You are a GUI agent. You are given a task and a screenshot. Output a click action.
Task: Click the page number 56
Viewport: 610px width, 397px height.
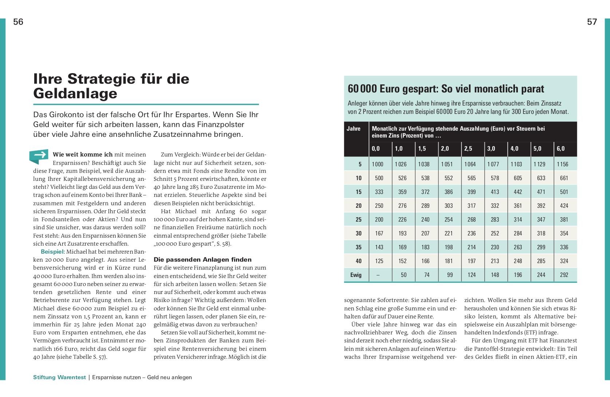tap(18, 22)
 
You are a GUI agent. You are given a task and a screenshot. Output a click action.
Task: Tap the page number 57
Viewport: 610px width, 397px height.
tap(592, 22)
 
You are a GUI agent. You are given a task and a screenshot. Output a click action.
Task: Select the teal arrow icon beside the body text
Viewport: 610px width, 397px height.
tap(39, 156)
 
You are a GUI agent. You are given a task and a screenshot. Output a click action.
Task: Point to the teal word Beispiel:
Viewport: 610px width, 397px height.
tap(53, 251)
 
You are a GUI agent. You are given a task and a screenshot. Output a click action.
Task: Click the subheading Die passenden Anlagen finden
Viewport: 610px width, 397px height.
tap(202, 259)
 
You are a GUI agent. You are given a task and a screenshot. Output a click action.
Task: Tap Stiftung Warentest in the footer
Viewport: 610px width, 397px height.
tap(60, 377)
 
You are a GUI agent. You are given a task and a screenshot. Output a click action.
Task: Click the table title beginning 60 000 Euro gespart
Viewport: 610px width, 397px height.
tap(446, 89)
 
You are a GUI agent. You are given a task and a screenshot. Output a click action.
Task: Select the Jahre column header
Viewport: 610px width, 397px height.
tap(354, 128)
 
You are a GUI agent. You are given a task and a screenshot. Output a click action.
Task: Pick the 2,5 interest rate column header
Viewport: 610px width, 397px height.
tap(468, 148)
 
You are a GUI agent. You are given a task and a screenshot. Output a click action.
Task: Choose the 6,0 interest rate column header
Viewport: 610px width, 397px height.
tap(560, 148)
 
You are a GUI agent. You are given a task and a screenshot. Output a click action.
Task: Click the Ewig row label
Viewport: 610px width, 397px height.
tap(356, 275)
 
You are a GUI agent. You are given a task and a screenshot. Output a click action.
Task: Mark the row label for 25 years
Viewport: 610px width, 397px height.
tap(358, 219)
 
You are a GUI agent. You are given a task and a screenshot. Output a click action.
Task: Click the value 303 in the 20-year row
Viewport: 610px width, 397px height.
tap(448, 206)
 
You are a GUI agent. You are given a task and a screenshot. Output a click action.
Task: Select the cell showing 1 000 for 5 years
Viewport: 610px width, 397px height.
tap(378, 164)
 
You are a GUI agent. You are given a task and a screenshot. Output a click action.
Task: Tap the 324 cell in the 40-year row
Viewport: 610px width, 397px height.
tap(564, 261)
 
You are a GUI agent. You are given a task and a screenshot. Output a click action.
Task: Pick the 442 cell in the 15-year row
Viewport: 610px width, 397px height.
tap(517, 192)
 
